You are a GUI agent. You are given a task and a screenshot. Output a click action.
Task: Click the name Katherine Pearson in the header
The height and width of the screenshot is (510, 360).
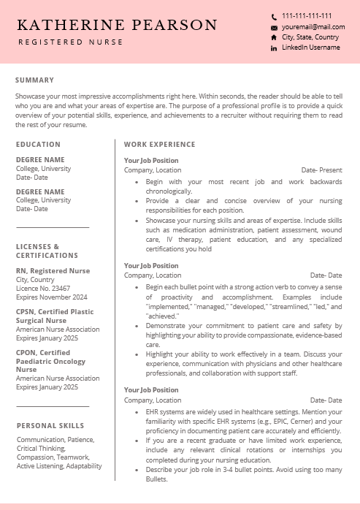[118, 26]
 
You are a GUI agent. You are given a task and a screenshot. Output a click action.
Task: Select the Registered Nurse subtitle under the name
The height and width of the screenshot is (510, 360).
[71, 42]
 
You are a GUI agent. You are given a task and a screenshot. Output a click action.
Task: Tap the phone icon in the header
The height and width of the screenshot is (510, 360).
[274, 16]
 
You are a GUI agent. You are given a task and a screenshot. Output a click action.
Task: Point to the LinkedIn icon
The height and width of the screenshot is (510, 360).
[274, 47]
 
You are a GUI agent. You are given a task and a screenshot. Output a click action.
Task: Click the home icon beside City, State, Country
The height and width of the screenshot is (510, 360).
[274, 37]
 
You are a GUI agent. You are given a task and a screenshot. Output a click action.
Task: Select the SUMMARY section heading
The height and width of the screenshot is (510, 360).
[34, 80]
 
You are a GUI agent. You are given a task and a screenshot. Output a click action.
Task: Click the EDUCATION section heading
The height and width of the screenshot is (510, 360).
[38, 145]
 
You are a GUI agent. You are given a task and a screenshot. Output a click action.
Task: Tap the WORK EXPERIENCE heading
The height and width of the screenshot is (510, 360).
[159, 145]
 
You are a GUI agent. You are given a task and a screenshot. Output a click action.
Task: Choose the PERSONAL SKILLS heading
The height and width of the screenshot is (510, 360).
[50, 425]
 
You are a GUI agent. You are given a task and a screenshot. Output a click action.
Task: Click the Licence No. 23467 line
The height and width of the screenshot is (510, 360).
[43, 289]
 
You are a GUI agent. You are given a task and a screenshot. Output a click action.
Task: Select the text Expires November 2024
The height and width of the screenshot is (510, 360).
[51, 297]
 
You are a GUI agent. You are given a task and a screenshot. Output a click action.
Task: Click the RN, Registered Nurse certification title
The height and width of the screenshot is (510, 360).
[53, 271]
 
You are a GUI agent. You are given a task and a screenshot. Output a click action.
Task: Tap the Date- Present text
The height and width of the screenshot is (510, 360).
[321, 170]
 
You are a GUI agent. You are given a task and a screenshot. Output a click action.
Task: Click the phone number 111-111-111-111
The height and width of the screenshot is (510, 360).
[307, 15]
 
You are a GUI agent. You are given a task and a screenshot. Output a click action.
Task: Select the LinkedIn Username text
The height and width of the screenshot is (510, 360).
[310, 47]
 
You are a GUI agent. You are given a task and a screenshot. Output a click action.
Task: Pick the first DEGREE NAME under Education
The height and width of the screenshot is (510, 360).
[40, 159]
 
